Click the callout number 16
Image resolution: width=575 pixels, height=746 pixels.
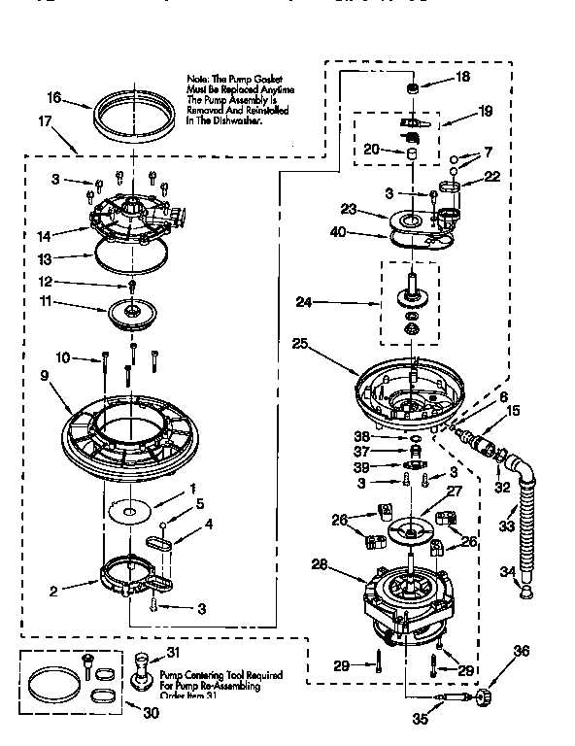pyautogui.click(x=55, y=98)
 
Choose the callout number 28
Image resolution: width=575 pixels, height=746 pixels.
pyautogui.click(x=319, y=564)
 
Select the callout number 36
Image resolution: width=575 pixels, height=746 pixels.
pyautogui.click(x=523, y=652)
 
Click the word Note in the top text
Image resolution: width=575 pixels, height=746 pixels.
pyautogui.click(x=198, y=77)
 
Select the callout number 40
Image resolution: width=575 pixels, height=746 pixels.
pyautogui.click(x=336, y=231)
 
